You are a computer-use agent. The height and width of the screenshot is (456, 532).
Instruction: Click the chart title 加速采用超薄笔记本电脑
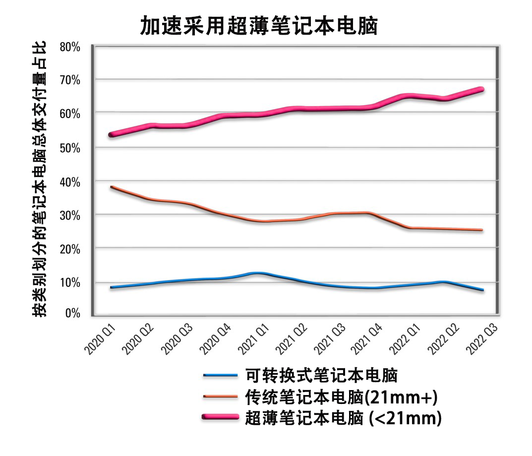coord(259,26)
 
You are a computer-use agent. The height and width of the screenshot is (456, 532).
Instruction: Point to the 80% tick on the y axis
coord(70,47)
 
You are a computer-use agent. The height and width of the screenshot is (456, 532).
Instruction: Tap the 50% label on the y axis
coord(70,148)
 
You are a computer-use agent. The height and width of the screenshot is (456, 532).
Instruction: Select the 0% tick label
coord(72,313)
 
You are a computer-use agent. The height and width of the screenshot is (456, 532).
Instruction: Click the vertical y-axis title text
coord(40,178)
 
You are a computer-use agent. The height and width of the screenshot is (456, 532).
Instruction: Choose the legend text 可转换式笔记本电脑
coord(322,375)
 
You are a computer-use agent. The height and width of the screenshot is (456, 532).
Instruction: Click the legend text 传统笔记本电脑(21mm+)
coord(343,397)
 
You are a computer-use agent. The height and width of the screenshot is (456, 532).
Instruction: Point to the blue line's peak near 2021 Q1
coord(256,273)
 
